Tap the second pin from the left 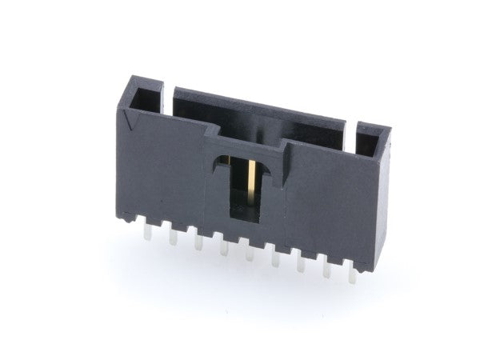pos(173,238)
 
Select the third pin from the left pos(198,245)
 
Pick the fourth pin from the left pos(224,251)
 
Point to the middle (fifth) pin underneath pos(250,257)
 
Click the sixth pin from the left pos(275,262)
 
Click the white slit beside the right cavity pos(351,127)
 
